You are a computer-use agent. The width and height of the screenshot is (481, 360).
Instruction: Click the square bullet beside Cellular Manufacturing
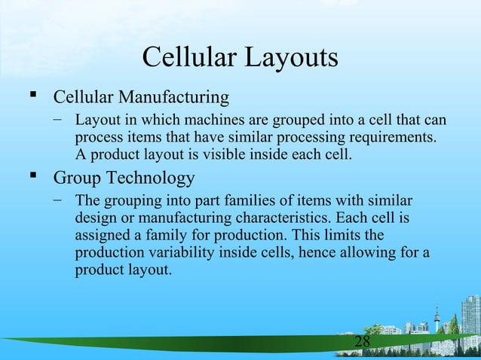[x=32, y=98]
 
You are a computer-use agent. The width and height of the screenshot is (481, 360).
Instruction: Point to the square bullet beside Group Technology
[x=32, y=179]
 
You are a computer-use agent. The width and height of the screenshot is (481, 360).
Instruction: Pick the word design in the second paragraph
[x=95, y=219]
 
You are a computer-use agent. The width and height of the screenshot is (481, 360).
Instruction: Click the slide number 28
[x=363, y=343]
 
